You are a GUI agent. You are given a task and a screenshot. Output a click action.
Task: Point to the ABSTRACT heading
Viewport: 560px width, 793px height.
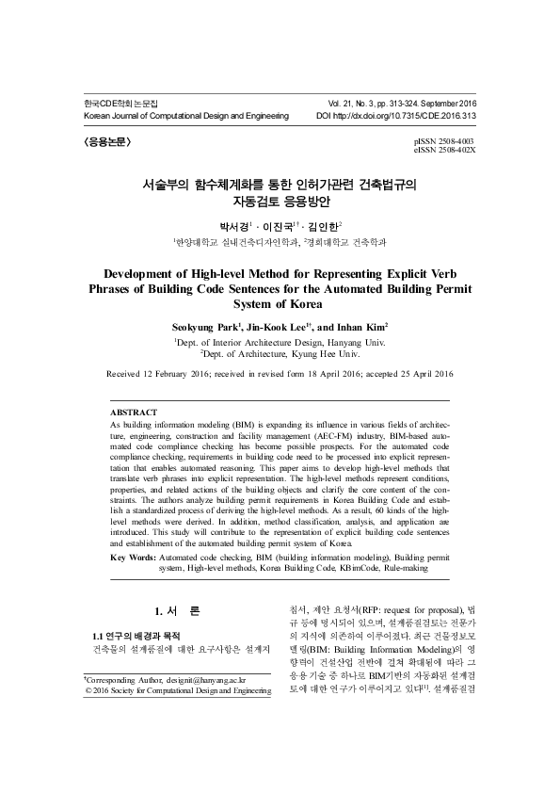coord(134,413)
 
